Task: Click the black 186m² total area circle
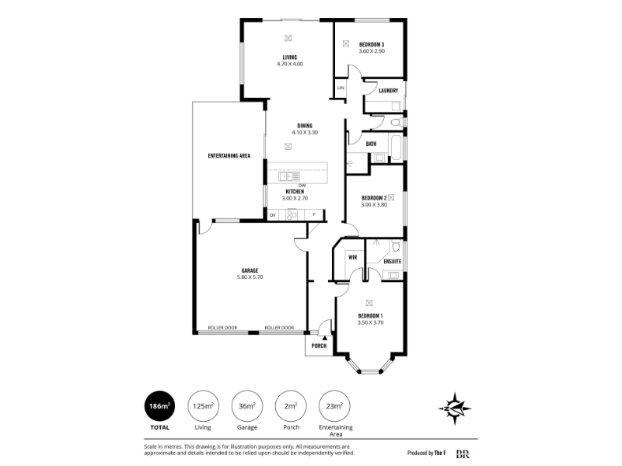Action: click(x=159, y=405)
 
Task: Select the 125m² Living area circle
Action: click(x=203, y=405)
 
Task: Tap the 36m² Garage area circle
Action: click(x=247, y=405)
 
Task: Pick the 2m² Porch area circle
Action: click(x=291, y=405)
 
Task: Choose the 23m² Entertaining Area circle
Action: click(x=335, y=405)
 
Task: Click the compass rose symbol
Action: click(x=455, y=409)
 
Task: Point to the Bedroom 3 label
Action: click(x=372, y=44)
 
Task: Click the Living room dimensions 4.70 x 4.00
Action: click(x=290, y=64)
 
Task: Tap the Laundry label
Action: click(x=388, y=90)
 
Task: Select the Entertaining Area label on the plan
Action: click(x=229, y=156)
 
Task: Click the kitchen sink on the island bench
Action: click(x=285, y=176)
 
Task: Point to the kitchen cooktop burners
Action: click(x=292, y=215)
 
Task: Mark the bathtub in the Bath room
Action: click(x=397, y=147)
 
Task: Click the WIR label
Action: click(x=353, y=257)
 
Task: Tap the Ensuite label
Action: click(x=393, y=262)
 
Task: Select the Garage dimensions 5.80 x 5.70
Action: click(x=250, y=277)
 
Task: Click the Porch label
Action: click(x=319, y=346)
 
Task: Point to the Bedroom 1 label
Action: click(x=371, y=316)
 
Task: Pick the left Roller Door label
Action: click(x=222, y=328)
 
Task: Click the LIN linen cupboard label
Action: click(x=341, y=88)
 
